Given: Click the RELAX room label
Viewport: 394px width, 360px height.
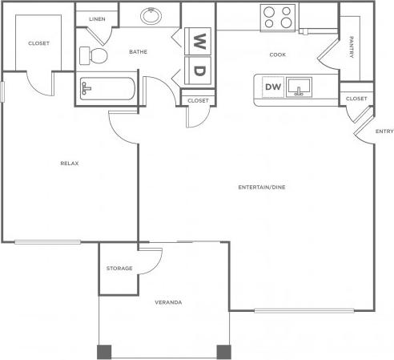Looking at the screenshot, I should click(x=69, y=164).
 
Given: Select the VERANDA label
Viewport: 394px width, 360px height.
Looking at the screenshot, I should click(x=167, y=302).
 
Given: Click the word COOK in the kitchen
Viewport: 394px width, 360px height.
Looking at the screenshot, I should click(x=277, y=55).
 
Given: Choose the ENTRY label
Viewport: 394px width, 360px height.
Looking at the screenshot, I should click(x=384, y=131).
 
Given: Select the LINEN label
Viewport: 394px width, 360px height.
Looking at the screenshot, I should click(x=97, y=18).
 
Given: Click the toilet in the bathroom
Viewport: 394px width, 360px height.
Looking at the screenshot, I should click(x=93, y=55).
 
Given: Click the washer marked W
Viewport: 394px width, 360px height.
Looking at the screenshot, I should click(x=200, y=39).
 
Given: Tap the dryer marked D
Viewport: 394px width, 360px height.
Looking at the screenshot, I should click(x=200, y=69).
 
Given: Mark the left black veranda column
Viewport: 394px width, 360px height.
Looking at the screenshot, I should click(x=104, y=352).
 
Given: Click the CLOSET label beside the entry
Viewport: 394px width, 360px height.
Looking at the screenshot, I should click(x=356, y=99).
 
